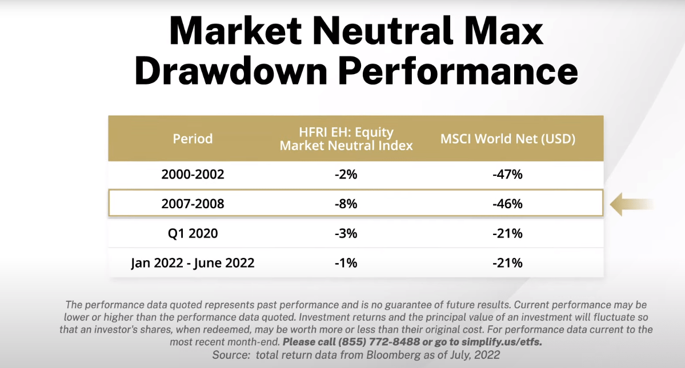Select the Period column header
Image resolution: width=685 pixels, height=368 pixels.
pyautogui.click(x=193, y=139)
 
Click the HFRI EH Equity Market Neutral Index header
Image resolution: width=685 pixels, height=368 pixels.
pyautogui.click(x=346, y=139)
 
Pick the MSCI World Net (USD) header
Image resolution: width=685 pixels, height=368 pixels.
pyautogui.click(x=507, y=139)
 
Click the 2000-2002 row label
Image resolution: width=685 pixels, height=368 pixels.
pyautogui.click(x=193, y=175)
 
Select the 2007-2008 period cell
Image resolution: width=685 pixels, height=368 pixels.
pyautogui.click(x=193, y=204)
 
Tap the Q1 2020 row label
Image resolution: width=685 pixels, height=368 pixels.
pyautogui.click(x=193, y=233)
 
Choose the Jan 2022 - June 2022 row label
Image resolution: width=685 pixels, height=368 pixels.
pyautogui.click(x=193, y=263)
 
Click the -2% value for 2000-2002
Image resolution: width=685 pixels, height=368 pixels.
pyautogui.click(x=346, y=175)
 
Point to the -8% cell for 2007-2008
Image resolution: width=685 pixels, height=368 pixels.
pyautogui.click(x=346, y=204)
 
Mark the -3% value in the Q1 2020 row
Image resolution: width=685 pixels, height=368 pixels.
pyautogui.click(x=346, y=233)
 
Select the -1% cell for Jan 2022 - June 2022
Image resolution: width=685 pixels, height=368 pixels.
pyautogui.click(x=346, y=263)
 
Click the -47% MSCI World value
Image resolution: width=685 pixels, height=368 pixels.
pyautogui.click(x=507, y=175)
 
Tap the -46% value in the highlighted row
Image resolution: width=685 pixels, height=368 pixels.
pyautogui.click(x=507, y=204)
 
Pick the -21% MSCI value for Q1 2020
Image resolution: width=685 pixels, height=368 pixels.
pyautogui.click(x=507, y=233)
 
